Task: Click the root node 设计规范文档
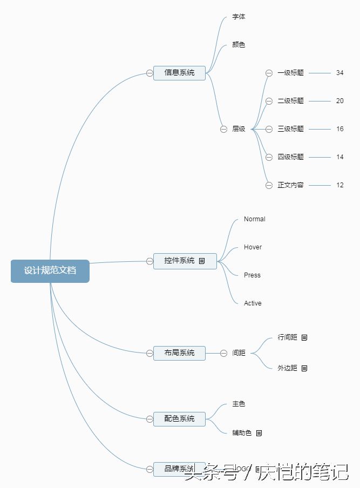pos(50,270)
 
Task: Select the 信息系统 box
pos(179,73)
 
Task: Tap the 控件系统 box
pos(180,261)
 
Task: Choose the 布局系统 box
pos(179,353)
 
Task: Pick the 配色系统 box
pos(179,418)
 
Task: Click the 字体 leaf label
pos(239,17)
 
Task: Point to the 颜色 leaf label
pos(239,45)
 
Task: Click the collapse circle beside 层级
pos(223,129)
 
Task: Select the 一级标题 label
pos(290,73)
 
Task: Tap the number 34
pos(339,73)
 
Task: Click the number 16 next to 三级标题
pos(339,129)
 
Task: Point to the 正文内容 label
pos(290,185)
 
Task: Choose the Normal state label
pos(254,219)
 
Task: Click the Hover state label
pos(253,247)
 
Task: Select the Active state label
pos(253,303)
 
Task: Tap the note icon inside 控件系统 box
pos(202,261)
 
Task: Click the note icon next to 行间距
pos(304,337)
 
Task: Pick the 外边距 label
pos(287,368)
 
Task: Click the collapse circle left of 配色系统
pos(150,418)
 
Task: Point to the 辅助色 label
pos(242,433)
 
